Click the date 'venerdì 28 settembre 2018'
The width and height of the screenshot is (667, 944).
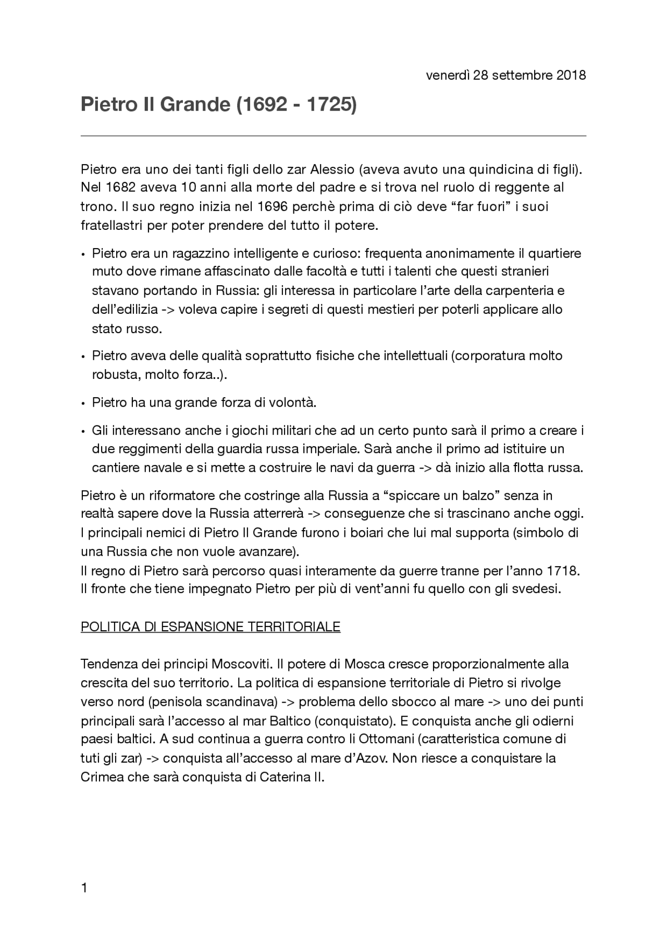click(505, 75)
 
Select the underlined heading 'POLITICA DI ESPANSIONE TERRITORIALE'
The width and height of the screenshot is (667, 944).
click(211, 627)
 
